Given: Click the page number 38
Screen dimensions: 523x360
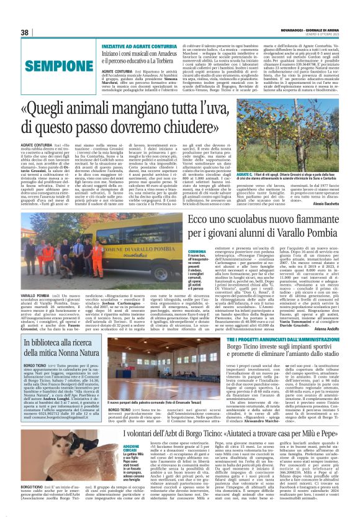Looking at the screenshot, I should click(25, 32).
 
